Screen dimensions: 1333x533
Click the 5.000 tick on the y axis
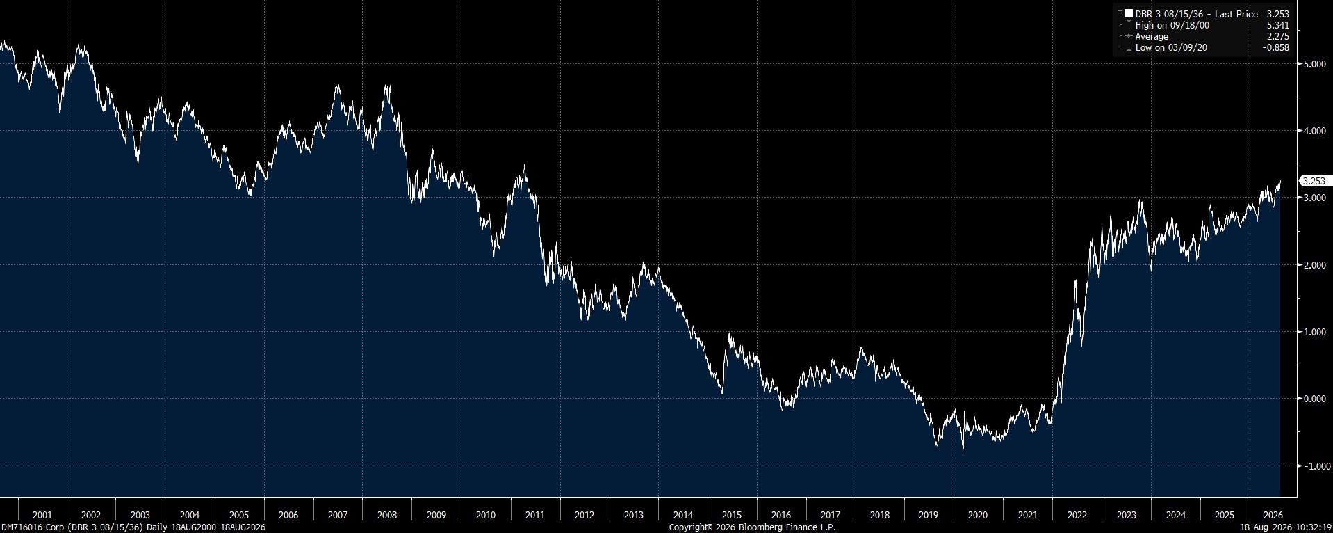coord(1315,64)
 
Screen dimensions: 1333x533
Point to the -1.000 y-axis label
coord(1314,466)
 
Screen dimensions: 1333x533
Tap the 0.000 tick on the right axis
coord(1315,399)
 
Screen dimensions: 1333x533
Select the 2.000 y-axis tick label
coord(1315,265)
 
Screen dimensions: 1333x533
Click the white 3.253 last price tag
coord(1314,181)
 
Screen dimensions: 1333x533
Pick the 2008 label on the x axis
coord(387,516)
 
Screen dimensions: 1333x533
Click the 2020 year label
coord(978,516)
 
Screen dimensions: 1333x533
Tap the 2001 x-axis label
coord(42,516)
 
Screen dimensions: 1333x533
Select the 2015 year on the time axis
coord(732,516)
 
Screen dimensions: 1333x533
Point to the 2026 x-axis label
coord(1273,516)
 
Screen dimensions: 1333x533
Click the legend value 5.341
coord(1278,25)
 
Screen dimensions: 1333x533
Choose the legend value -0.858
coord(1276,47)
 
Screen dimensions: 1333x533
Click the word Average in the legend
coord(1152,36)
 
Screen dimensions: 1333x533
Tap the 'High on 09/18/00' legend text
coord(1172,25)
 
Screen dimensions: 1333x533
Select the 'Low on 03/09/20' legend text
coord(1172,47)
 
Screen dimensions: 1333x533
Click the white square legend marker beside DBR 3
coord(1129,14)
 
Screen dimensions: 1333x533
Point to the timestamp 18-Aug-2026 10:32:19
coord(1286,527)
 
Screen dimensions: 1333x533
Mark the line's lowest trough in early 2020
coord(963,456)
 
